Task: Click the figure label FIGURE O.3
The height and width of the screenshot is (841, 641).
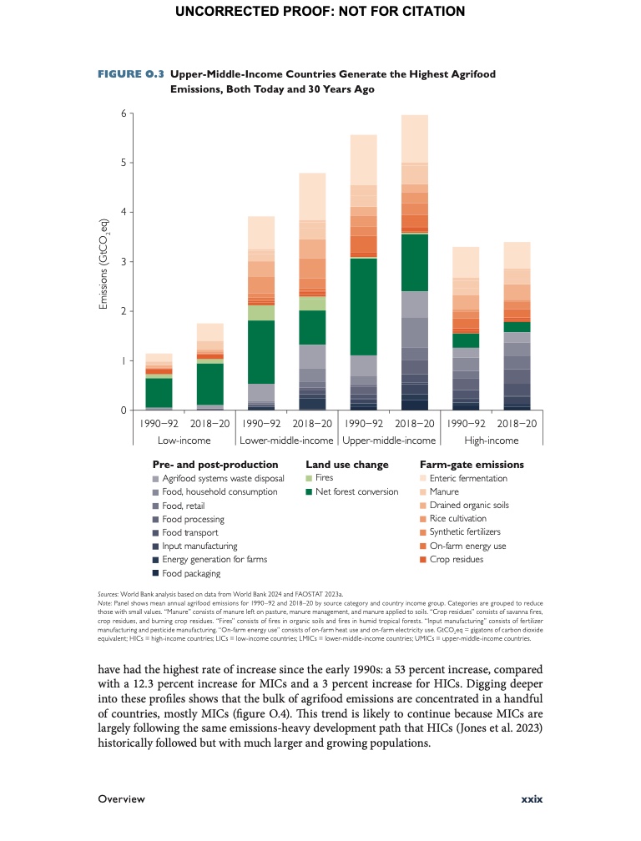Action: tap(128, 74)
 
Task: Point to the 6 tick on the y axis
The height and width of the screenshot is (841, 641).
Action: tap(122, 113)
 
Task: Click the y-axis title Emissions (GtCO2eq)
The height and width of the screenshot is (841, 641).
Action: tap(103, 262)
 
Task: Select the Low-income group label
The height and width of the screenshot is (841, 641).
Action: tap(183, 441)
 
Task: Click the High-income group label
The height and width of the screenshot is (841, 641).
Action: tap(491, 441)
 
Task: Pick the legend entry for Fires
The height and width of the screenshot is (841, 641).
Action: tap(324, 478)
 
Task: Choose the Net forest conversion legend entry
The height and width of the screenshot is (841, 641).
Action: tap(356, 491)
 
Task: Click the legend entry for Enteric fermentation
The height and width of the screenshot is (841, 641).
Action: tap(468, 478)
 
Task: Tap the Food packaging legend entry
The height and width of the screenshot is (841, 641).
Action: tap(191, 573)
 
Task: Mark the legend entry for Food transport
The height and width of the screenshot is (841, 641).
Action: tap(189, 532)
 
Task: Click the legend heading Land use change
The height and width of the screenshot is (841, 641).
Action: tap(347, 464)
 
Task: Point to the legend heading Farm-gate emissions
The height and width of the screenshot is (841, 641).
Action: tap(472, 464)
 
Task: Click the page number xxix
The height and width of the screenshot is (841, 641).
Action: tap(532, 798)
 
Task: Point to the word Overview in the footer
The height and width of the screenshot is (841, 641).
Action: tap(121, 798)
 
